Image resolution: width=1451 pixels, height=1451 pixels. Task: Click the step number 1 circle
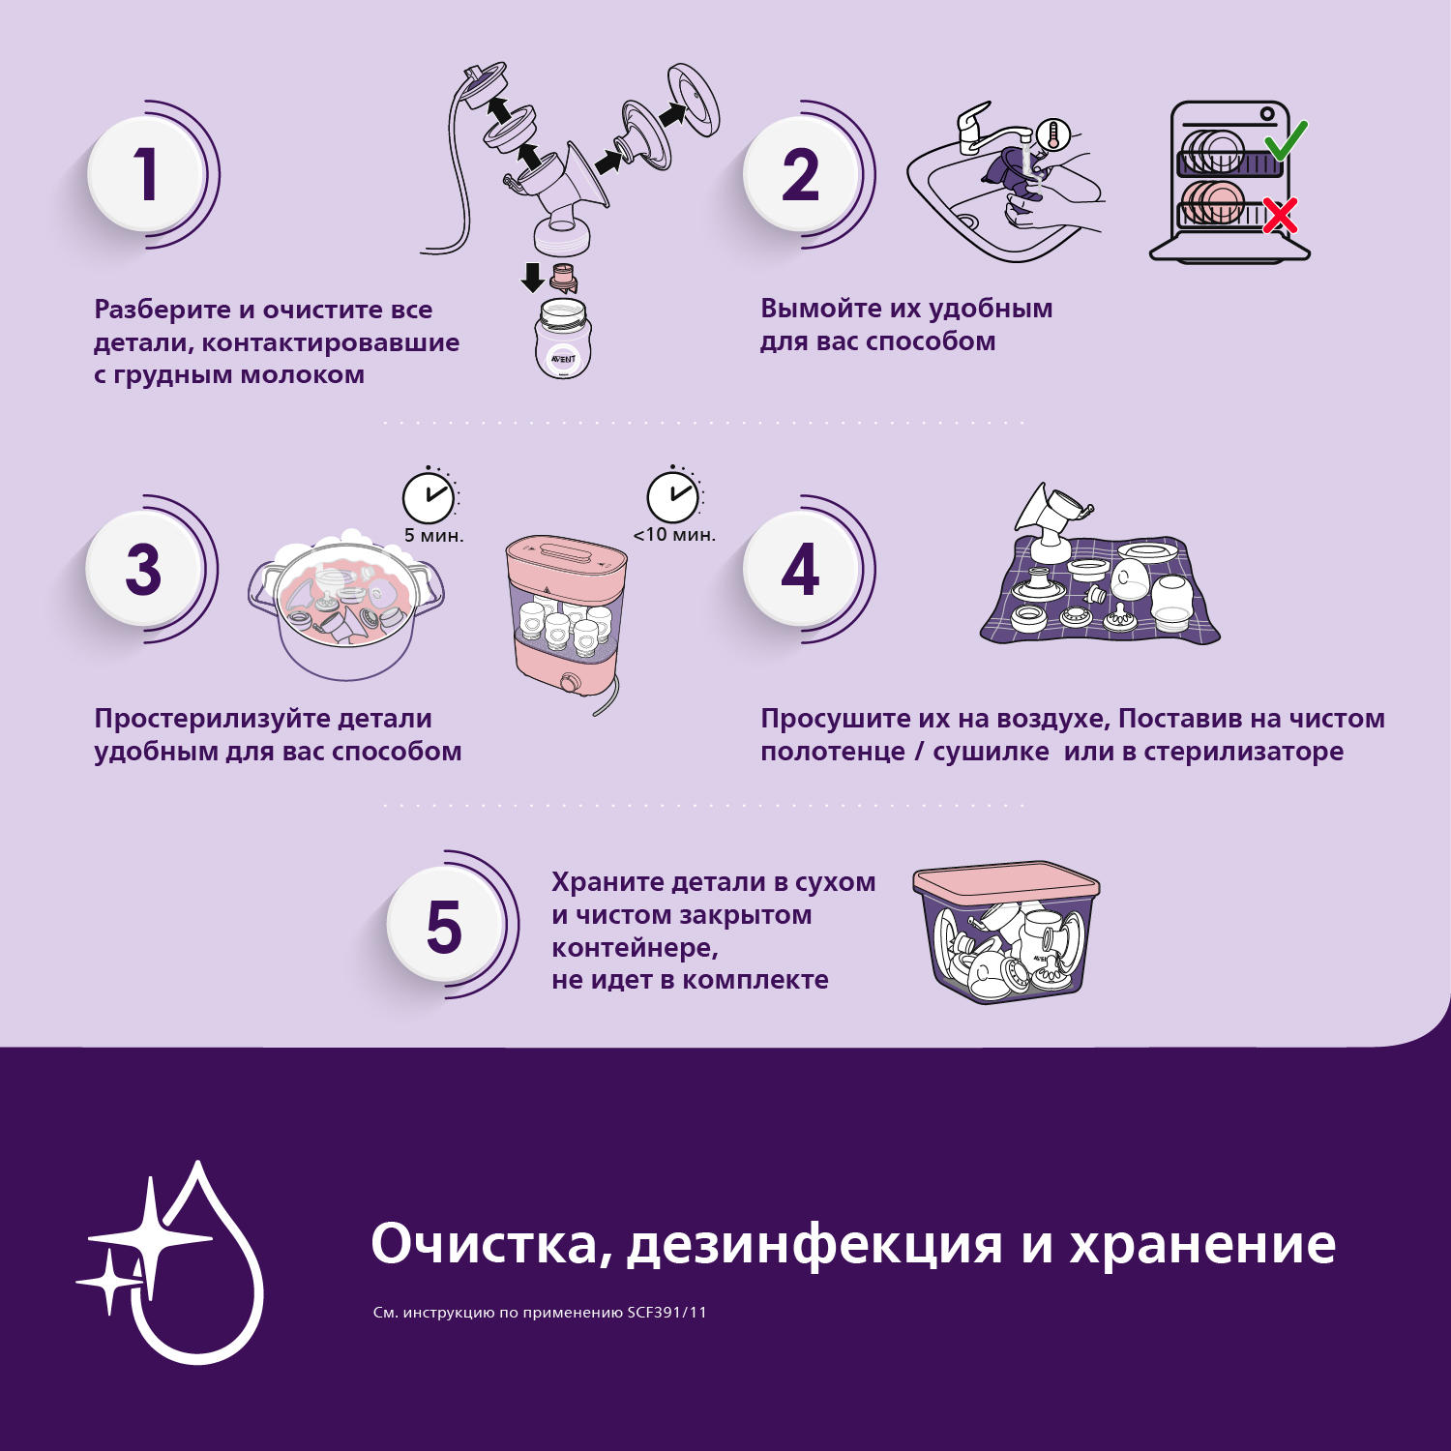(145, 174)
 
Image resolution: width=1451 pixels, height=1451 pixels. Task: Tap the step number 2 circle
(801, 174)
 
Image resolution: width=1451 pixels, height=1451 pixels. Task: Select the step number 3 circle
(143, 569)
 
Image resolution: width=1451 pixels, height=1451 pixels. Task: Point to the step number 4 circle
(801, 569)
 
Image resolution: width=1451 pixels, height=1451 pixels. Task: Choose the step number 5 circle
(445, 926)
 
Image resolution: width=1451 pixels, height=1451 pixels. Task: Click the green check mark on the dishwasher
(1287, 141)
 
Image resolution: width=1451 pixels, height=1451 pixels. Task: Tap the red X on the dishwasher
(1280, 216)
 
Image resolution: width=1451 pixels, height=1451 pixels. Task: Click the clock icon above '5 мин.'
(428, 497)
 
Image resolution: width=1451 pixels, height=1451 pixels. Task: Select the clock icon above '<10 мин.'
(672, 497)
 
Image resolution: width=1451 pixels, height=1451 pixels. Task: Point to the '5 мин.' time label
(433, 535)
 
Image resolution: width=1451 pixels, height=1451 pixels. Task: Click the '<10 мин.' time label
(674, 534)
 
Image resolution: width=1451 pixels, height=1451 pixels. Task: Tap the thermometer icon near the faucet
(1053, 133)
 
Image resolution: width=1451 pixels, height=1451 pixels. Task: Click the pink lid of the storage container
(1006, 881)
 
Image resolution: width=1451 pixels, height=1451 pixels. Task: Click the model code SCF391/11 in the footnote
(666, 1313)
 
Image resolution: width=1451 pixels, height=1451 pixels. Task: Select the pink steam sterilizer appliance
(566, 619)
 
